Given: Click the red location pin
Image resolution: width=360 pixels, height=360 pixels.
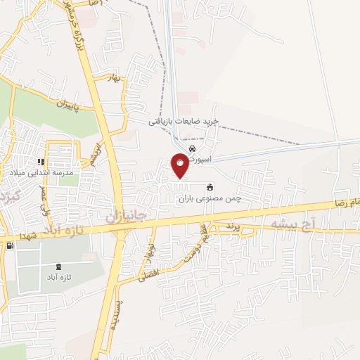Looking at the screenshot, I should coord(180,165).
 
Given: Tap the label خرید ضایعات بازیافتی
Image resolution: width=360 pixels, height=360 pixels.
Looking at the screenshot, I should coord(184,121).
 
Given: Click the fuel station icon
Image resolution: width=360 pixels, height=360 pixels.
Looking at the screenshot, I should coord(9,245).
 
